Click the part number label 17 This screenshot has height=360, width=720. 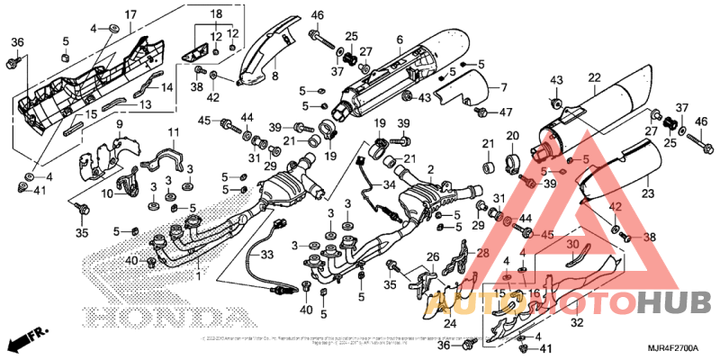coord(130,14)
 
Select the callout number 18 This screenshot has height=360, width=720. coord(216,14)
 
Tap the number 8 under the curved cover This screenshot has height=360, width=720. coord(274,76)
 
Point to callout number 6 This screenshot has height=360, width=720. coord(399,39)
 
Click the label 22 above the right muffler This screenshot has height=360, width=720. coord(595,77)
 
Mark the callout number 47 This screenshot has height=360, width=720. coord(506,112)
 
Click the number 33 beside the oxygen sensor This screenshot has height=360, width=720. coord(265,256)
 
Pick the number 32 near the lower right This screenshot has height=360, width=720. coord(577,321)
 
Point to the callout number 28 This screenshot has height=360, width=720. coord(482,255)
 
